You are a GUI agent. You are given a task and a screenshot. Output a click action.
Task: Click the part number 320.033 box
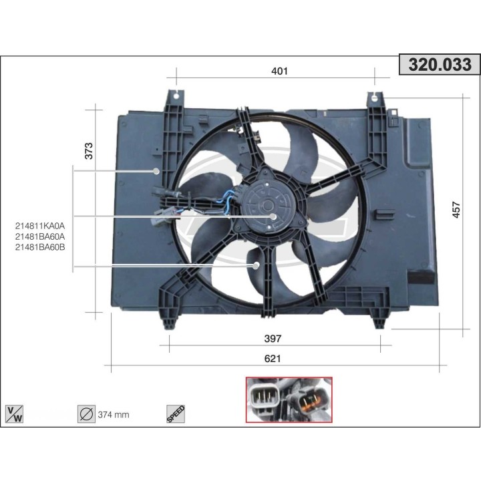point(440,65)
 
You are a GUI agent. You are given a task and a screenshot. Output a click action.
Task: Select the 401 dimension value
point(280,71)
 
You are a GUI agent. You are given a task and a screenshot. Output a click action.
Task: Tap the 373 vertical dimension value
point(89,151)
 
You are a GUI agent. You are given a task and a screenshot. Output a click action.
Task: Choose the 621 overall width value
point(273,358)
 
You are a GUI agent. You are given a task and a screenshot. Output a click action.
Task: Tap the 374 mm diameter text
point(114,415)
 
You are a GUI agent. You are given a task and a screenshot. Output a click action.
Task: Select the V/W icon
point(14,414)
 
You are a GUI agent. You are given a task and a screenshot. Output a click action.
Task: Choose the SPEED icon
point(175,414)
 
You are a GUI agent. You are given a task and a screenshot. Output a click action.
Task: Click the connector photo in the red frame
point(289,399)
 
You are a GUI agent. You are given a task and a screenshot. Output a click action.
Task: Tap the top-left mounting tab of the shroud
point(175,98)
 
